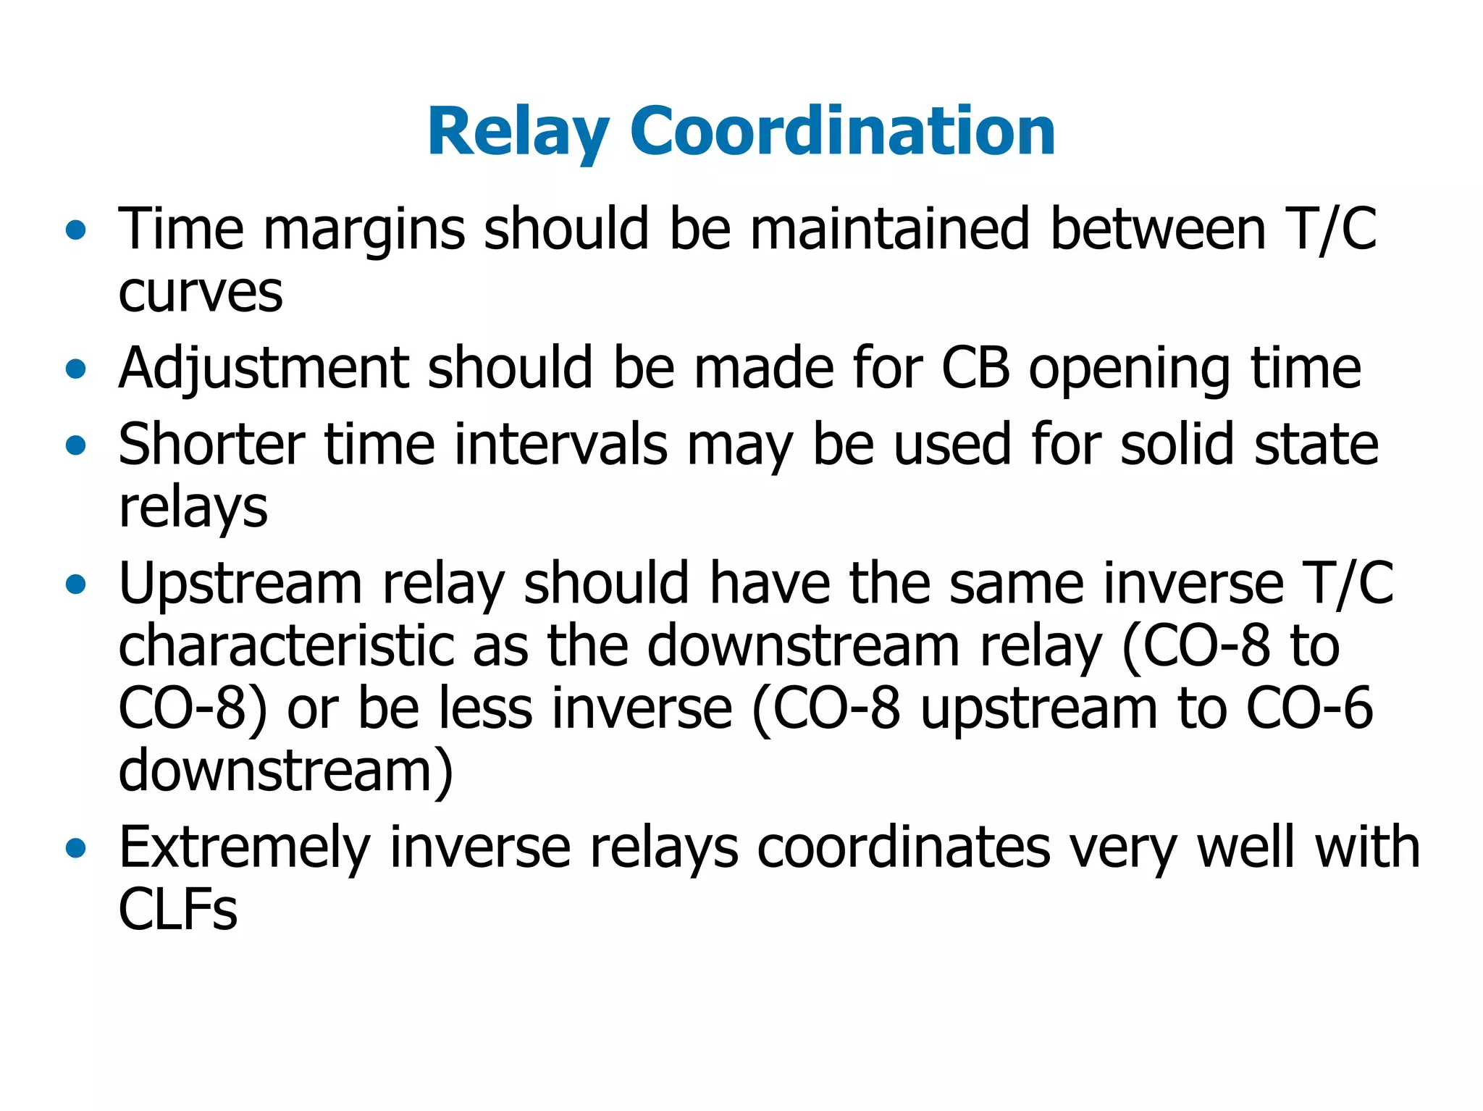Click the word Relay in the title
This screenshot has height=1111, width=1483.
pyautogui.click(x=518, y=132)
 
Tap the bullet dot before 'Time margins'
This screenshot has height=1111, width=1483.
pyautogui.click(x=75, y=231)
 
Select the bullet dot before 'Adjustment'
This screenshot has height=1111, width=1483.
pyautogui.click(x=75, y=370)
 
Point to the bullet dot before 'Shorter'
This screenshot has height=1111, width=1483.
pyautogui.click(x=75, y=445)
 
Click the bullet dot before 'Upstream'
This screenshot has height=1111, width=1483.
pyautogui.click(x=75, y=584)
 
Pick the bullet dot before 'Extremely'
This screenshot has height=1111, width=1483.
pyautogui.click(x=75, y=848)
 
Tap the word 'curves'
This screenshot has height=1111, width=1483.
pyautogui.click(x=201, y=293)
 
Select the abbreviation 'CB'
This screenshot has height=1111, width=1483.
pyautogui.click(x=975, y=368)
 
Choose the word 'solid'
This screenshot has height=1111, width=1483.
pyautogui.click(x=1177, y=444)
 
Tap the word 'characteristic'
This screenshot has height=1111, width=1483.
pyautogui.click(x=287, y=646)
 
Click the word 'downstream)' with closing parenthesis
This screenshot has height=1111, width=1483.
pyautogui.click(x=286, y=771)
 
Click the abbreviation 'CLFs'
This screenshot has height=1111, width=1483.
pyautogui.click(x=178, y=910)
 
